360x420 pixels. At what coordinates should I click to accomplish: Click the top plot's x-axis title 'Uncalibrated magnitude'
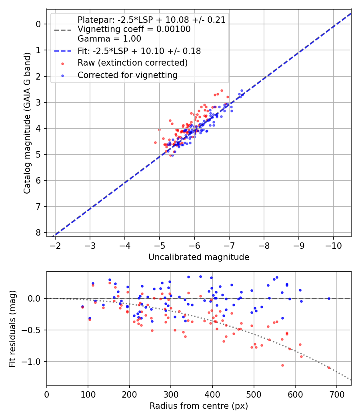pyautogui.click(x=199, y=257)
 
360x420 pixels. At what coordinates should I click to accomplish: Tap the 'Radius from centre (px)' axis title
pyautogui.click(x=199, y=406)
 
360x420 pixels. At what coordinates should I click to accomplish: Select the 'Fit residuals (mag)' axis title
pyautogui.click(x=12, y=328)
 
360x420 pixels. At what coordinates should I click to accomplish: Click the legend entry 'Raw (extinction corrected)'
pyautogui.click(x=132, y=63)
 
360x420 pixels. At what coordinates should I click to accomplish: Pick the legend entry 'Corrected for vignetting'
pyautogui.click(x=128, y=75)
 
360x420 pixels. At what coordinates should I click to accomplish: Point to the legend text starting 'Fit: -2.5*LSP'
pyautogui.click(x=139, y=51)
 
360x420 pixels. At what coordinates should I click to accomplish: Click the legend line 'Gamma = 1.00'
pyautogui.click(x=109, y=39)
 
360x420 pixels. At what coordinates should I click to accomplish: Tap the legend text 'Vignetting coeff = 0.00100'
pyautogui.click(x=134, y=29)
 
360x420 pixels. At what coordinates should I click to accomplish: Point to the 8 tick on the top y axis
pyautogui.click(x=38, y=232)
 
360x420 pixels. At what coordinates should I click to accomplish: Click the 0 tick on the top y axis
pyautogui.click(x=38, y=24)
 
